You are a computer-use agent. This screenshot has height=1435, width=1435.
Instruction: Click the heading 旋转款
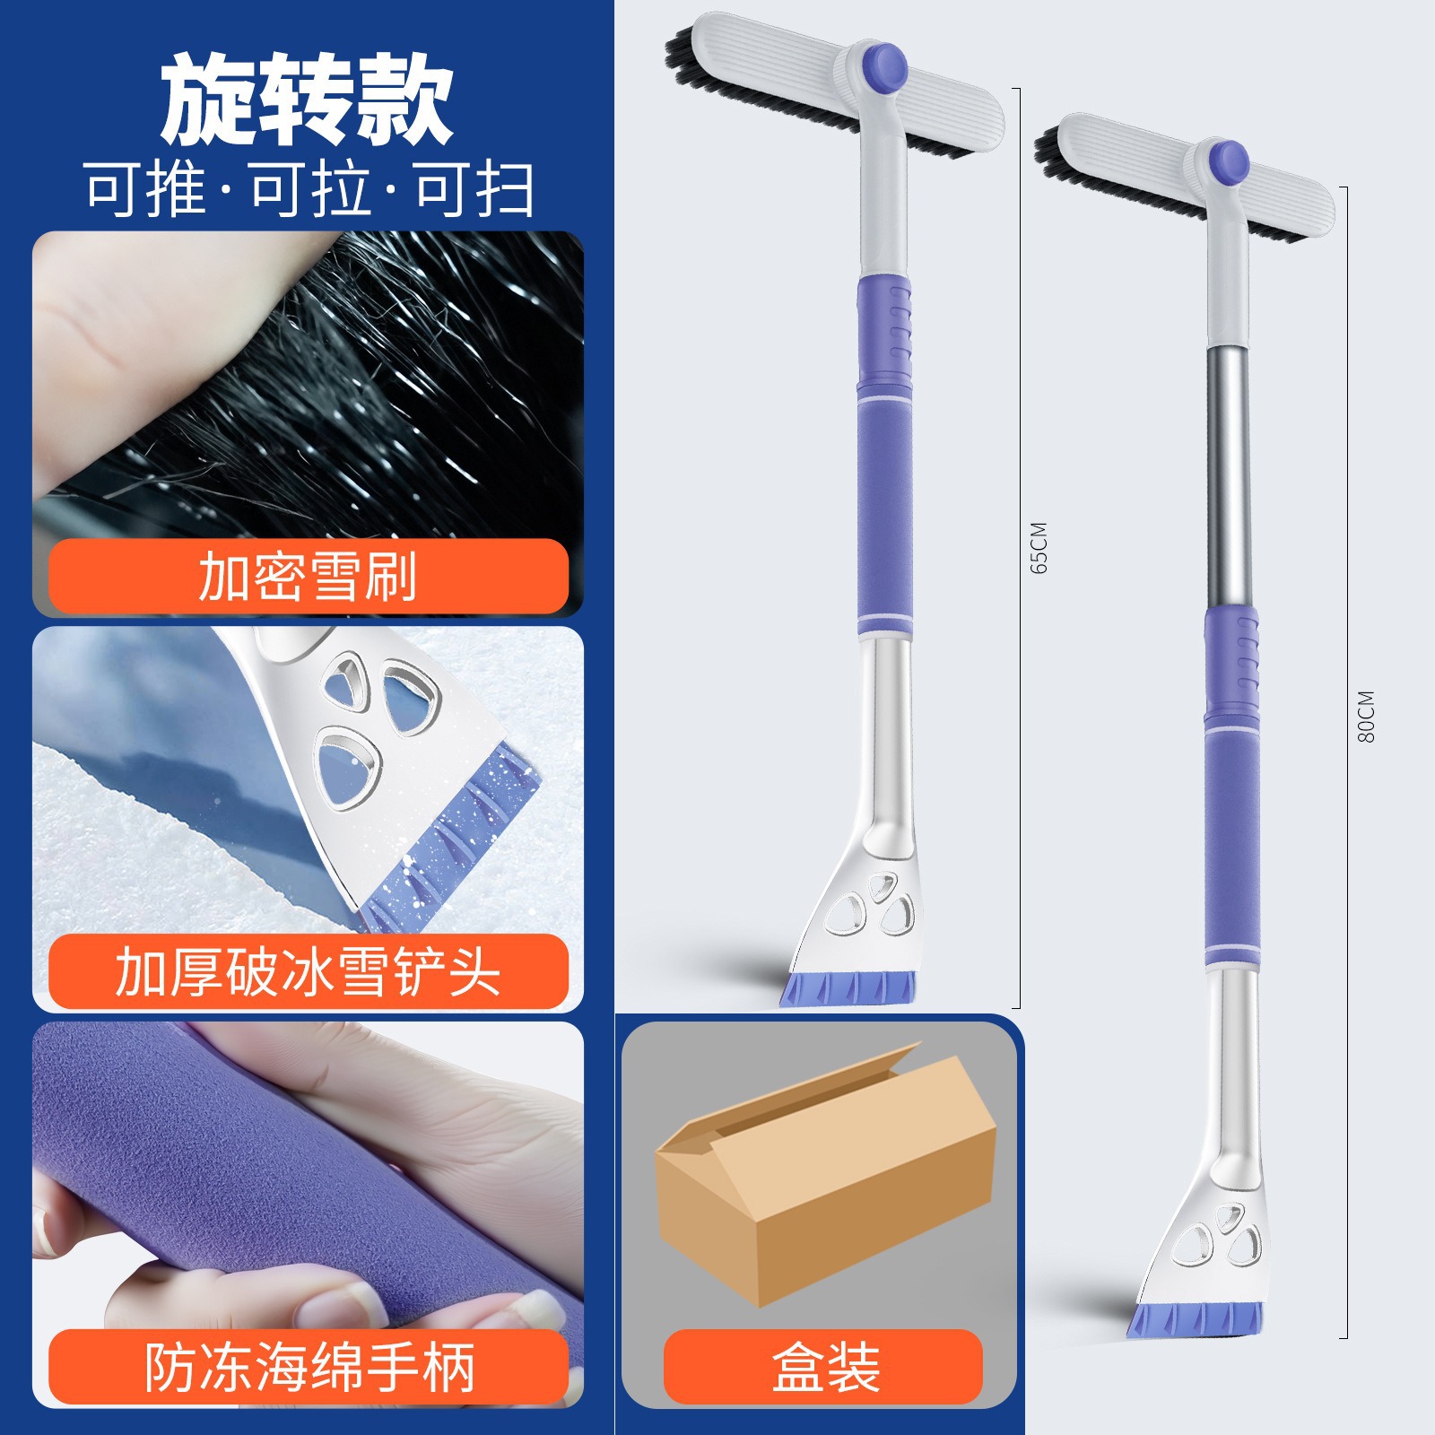click(x=307, y=99)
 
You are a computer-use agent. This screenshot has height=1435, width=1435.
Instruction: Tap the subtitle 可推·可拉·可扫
click(x=310, y=190)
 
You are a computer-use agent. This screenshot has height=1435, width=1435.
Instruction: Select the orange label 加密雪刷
click(x=308, y=576)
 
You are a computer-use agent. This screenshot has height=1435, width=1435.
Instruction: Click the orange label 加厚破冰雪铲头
click(x=308, y=971)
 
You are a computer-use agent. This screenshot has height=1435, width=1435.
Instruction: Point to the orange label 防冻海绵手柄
click(x=308, y=1367)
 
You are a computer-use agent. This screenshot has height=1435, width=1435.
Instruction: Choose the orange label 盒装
click(x=823, y=1367)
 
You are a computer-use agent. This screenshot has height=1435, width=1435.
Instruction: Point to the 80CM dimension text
click(x=1366, y=716)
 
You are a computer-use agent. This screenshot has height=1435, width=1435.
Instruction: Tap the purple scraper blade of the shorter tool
click(x=848, y=987)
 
